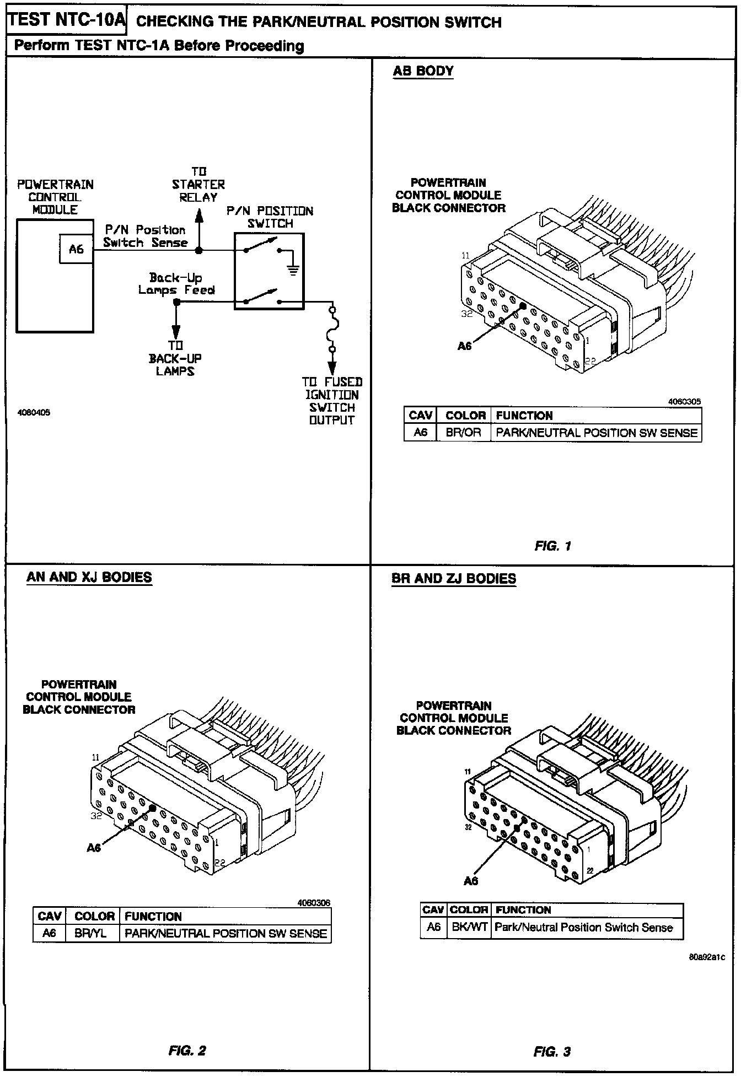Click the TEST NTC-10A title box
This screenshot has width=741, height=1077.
67,20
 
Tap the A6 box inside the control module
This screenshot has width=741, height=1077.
76,249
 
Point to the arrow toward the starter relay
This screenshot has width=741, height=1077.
200,218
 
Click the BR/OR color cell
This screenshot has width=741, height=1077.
463,433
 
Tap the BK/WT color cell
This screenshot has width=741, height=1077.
469,927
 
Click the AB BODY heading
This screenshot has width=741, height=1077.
423,71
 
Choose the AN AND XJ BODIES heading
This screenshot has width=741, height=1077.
89,577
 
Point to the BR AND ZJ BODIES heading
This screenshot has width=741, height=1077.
453,579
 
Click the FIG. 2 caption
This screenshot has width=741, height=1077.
187,1051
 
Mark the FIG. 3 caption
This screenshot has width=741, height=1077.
552,1052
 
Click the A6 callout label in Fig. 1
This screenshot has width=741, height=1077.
465,346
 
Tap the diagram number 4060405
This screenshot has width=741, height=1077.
34,412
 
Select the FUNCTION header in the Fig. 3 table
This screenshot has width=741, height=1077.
523,910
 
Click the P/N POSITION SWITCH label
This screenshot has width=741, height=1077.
270,217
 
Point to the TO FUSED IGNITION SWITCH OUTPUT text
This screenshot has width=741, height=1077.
332,401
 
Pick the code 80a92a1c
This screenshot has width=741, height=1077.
707,957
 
